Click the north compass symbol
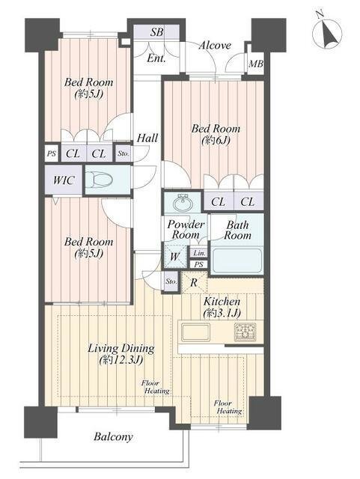(x=327, y=32)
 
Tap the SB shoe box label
(x=156, y=32)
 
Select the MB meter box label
(x=256, y=64)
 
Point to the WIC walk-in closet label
(x=64, y=180)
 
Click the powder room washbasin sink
(x=183, y=202)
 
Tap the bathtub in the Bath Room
(x=237, y=260)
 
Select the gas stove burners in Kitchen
(x=245, y=332)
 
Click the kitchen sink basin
(x=195, y=332)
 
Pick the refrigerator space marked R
(x=193, y=283)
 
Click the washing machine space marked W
(x=174, y=257)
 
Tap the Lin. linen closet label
(x=199, y=253)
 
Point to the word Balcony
(x=113, y=437)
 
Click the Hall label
(x=147, y=138)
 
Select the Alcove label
(x=215, y=46)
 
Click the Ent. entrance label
(x=156, y=58)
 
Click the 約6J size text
(x=216, y=140)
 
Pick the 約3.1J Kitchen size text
(x=222, y=312)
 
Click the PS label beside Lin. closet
(x=199, y=264)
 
